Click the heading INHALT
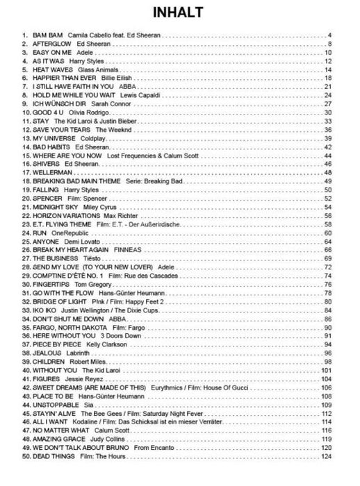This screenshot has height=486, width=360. tap(180, 12)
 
